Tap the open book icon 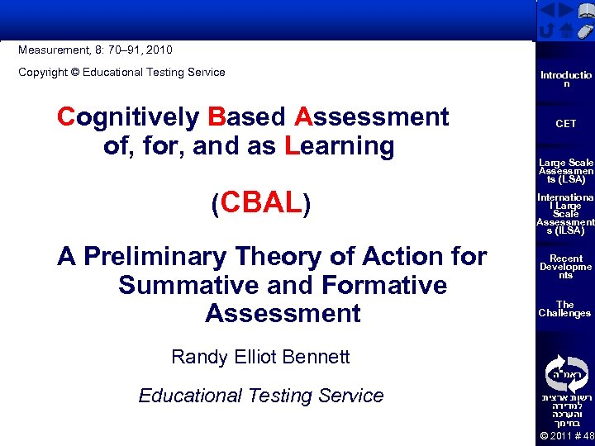pyautogui.click(x=585, y=11)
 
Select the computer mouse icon pyautogui.click(x=584, y=31)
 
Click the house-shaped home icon pyautogui.click(x=566, y=31)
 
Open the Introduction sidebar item pyautogui.click(x=565, y=79)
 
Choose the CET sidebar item pyautogui.click(x=565, y=124)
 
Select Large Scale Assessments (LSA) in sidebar pyautogui.click(x=565, y=171)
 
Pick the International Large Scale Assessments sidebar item pyautogui.click(x=565, y=215)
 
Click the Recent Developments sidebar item pyautogui.click(x=565, y=267)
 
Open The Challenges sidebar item pyautogui.click(x=565, y=309)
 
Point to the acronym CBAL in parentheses pyautogui.click(x=260, y=203)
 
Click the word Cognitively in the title pyautogui.click(x=128, y=117)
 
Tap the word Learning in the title pyautogui.click(x=340, y=146)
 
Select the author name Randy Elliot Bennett pyautogui.click(x=260, y=357)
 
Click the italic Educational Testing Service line pyautogui.click(x=260, y=396)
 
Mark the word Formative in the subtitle pyautogui.click(x=379, y=285)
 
